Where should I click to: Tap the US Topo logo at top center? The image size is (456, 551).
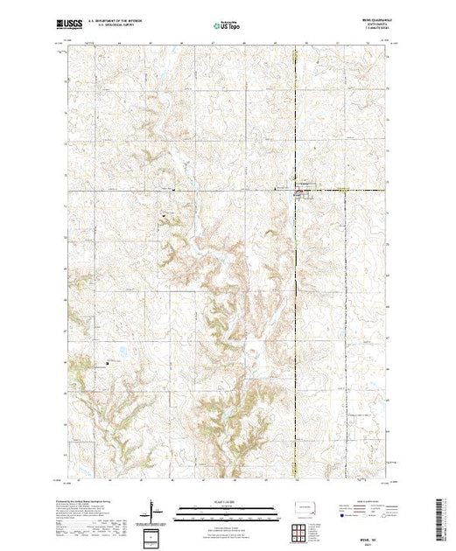click(x=226, y=26)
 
